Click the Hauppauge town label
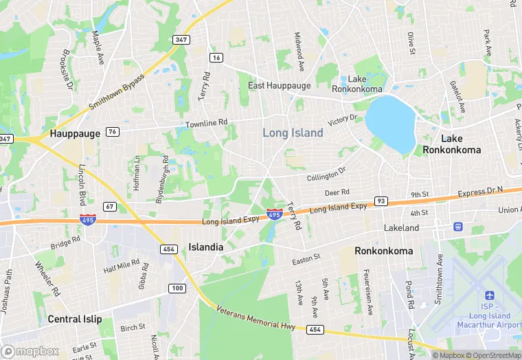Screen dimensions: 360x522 (75, 133)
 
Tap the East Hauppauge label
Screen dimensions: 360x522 (280, 85)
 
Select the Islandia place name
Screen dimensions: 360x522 (206, 247)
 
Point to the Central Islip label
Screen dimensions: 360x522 (75, 319)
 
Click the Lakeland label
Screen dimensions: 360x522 (402, 227)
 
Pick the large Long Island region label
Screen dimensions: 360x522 (293, 133)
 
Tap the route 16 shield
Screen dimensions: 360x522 (217, 58)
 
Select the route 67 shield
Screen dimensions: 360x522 (110, 206)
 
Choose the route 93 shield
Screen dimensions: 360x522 (381, 201)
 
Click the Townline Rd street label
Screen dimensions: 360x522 (206, 124)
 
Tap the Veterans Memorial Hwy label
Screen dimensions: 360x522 (255, 319)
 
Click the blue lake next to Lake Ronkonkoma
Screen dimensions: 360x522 (391, 122)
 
